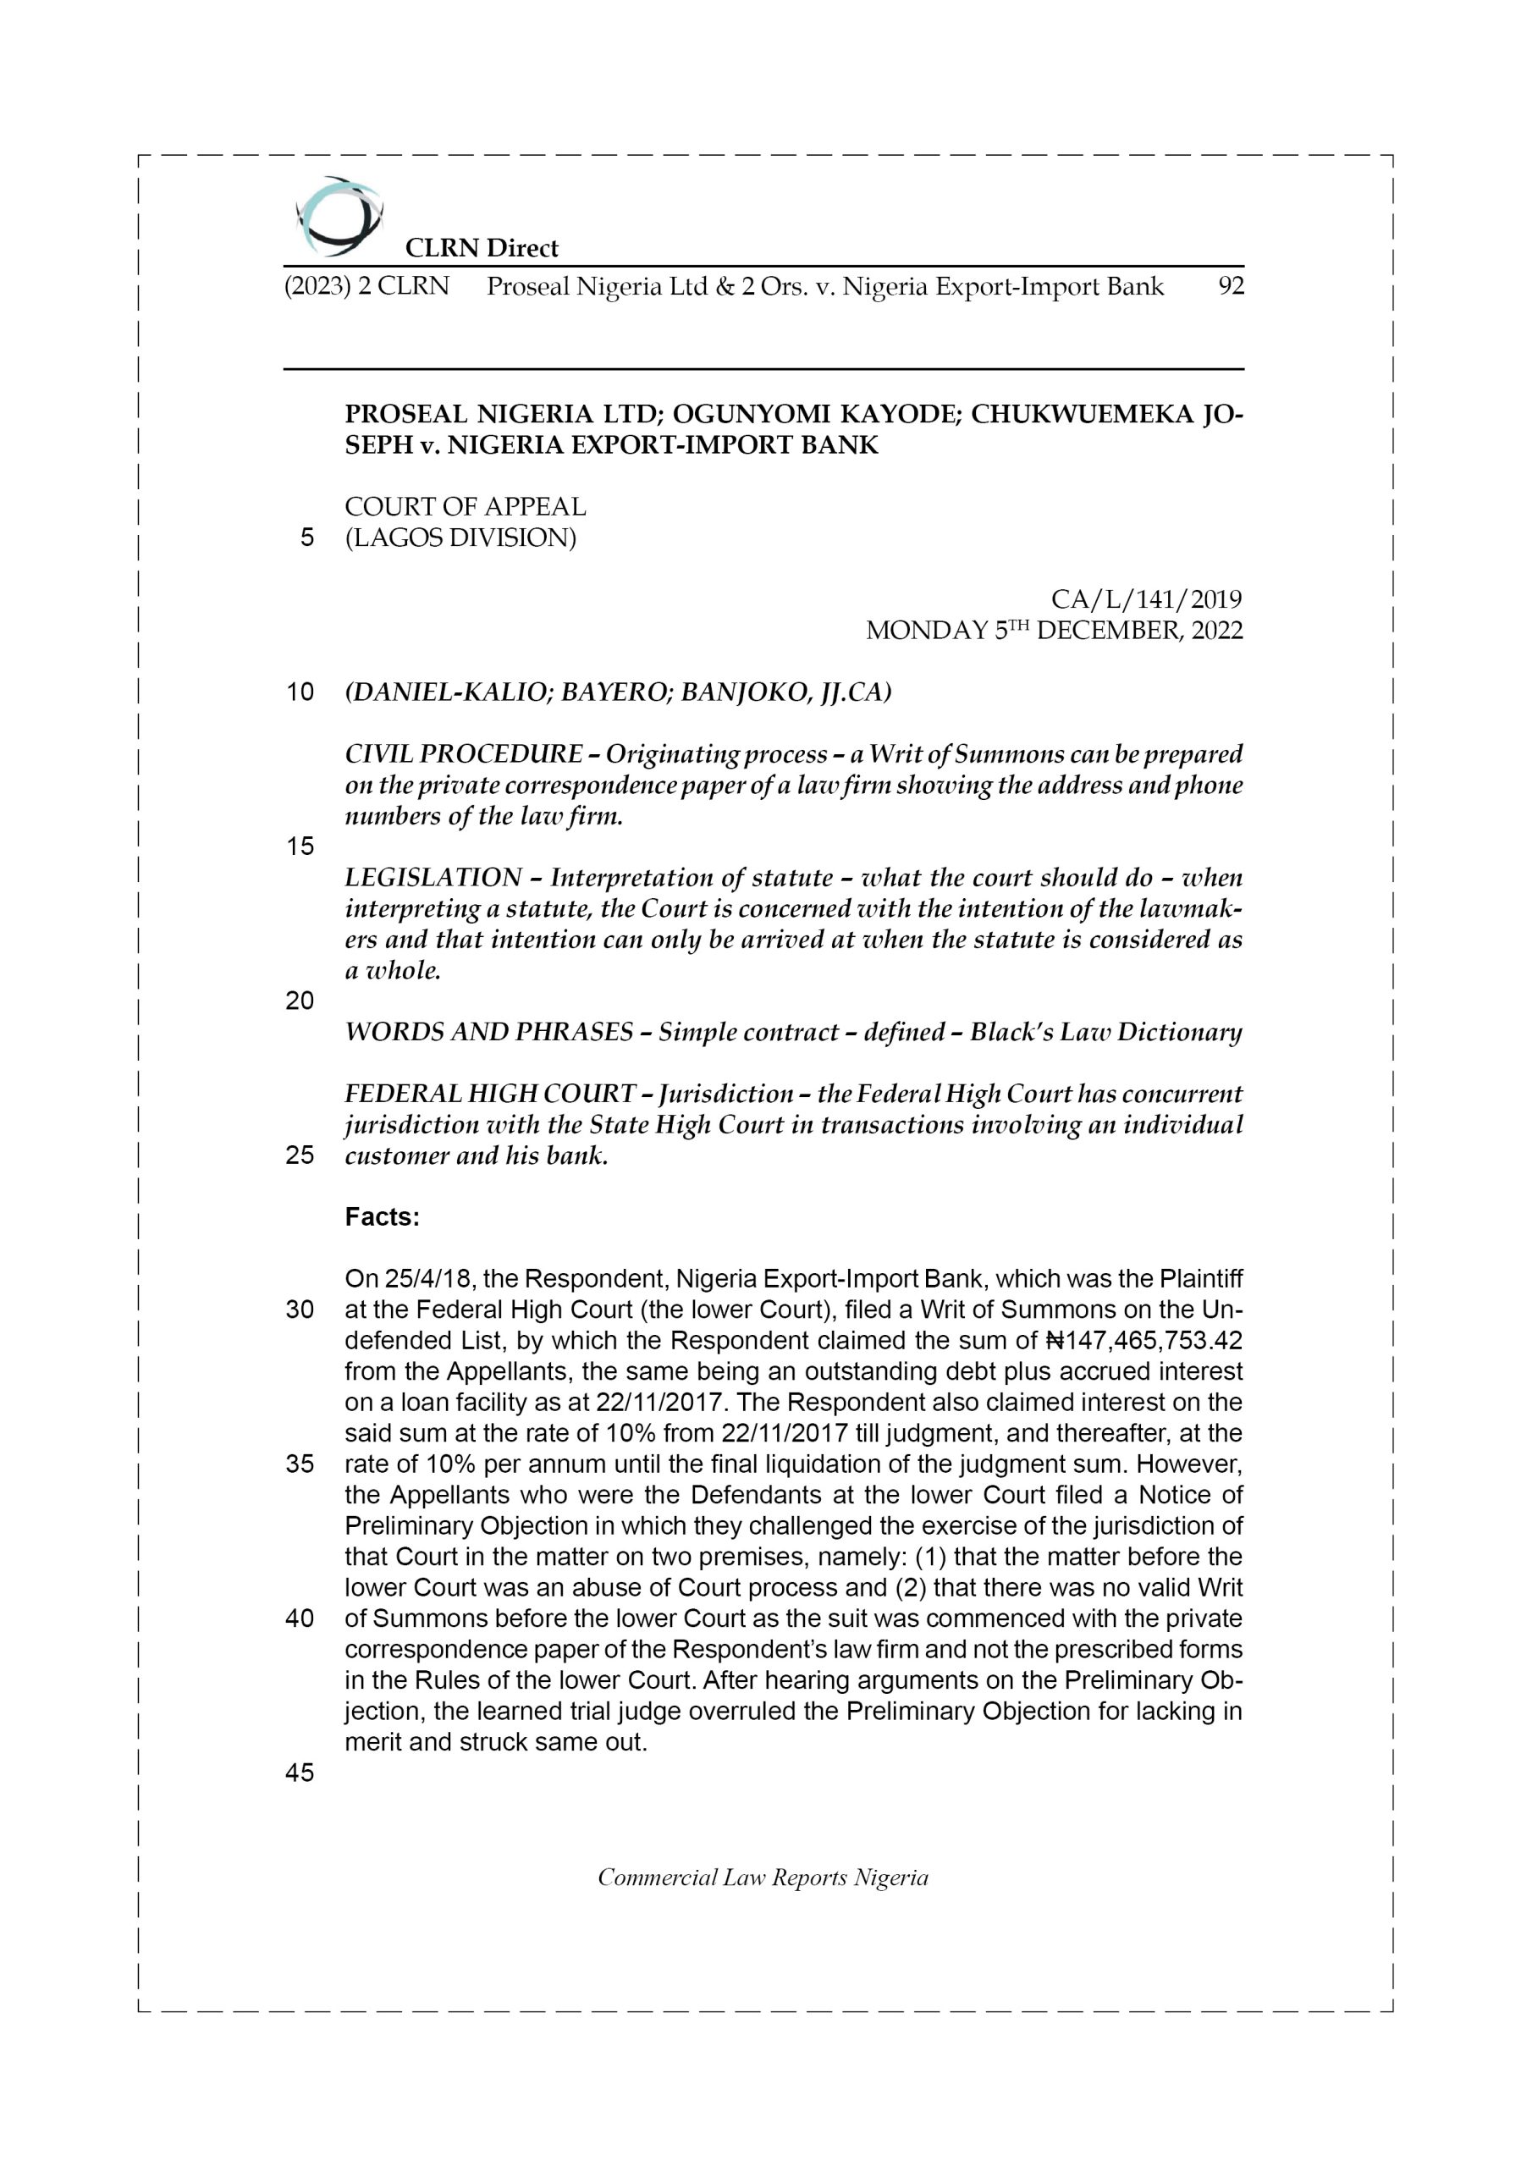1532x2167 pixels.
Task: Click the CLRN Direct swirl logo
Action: click(339, 217)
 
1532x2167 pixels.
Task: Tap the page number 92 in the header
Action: click(1231, 287)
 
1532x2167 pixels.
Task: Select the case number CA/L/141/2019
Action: click(1146, 599)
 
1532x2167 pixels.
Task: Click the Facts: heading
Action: click(382, 1217)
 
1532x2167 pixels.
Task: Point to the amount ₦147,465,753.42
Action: click(1144, 1341)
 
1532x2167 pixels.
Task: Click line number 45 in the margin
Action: click(300, 1773)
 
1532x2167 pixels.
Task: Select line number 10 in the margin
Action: click(300, 692)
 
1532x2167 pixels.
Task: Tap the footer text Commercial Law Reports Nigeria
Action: click(763, 1878)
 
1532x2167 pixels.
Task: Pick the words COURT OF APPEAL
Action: click(465, 507)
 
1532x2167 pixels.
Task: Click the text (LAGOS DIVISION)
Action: click(460, 538)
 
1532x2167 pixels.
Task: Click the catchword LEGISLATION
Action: click(433, 878)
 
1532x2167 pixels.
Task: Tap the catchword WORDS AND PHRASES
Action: click(488, 1033)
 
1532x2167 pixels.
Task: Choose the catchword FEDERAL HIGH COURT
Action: click(489, 1095)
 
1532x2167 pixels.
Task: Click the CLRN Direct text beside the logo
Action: click(482, 248)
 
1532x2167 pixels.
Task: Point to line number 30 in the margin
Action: click(300, 1311)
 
